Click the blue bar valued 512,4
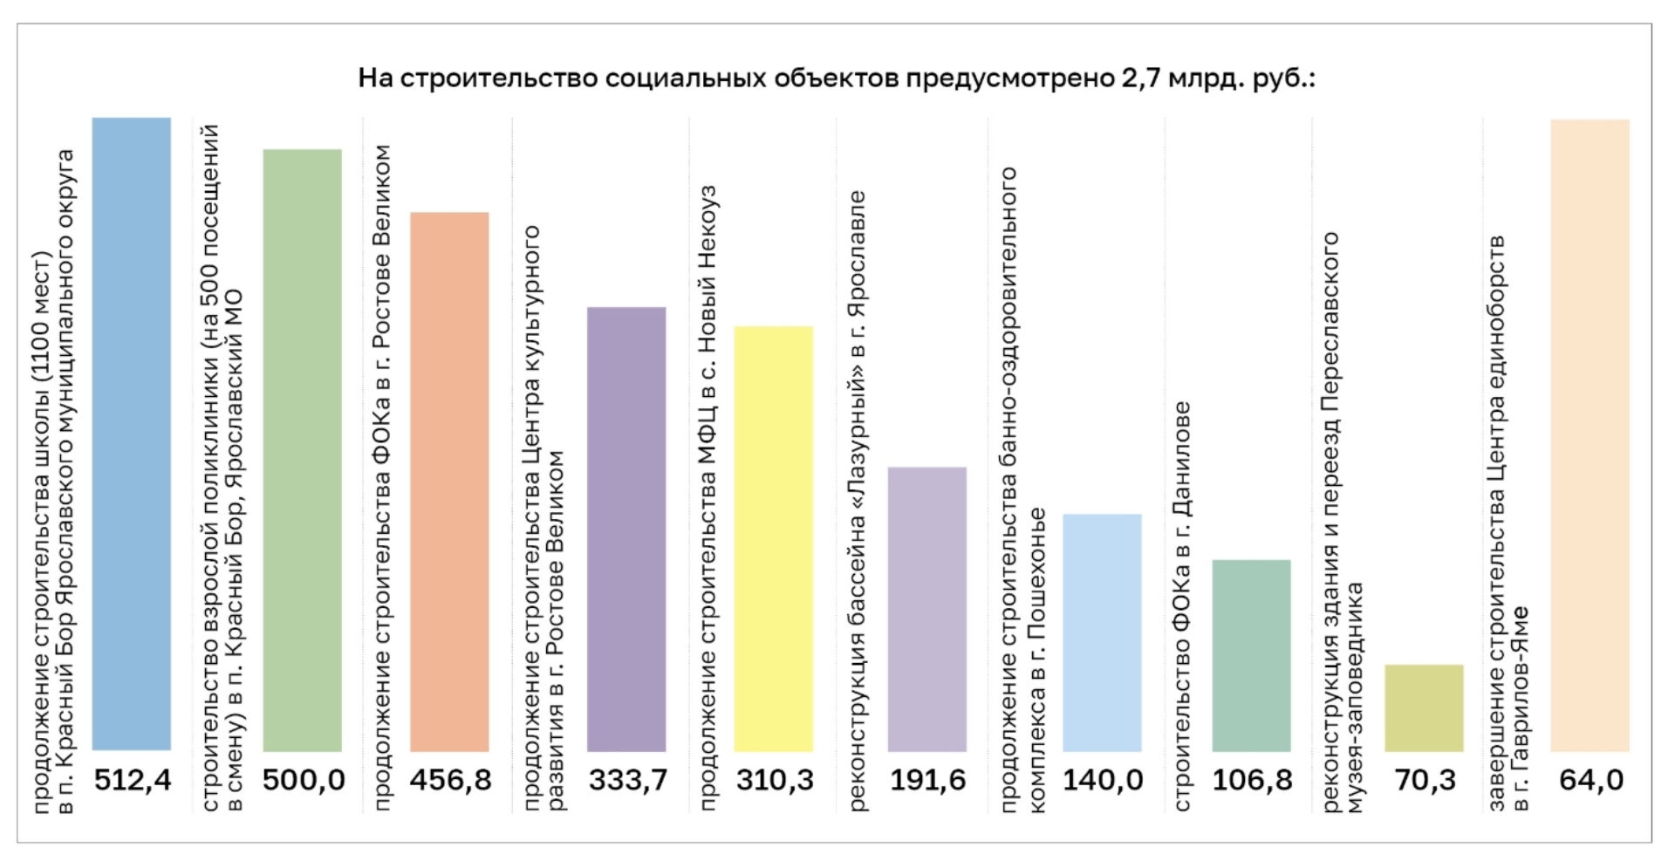tap(132, 434)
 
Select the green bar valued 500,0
tap(303, 450)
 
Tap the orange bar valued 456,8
tap(449, 482)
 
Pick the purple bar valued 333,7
tap(626, 529)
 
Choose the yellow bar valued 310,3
tap(773, 538)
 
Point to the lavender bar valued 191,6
tap(927, 609)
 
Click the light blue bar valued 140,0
tap(1102, 632)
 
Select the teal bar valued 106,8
tap(1251, 655)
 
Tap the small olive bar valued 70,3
tap(1424, 707)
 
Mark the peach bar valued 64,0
tap(1590, 435)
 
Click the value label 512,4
tap(133, 780)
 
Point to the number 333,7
tap(627, 780)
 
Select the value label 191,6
tap(927, 780)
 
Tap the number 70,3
tap(1425, 780)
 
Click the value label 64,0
tap(1590, 780)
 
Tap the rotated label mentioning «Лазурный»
tap(857, 501)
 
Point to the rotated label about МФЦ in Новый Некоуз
tap(707, 497)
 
